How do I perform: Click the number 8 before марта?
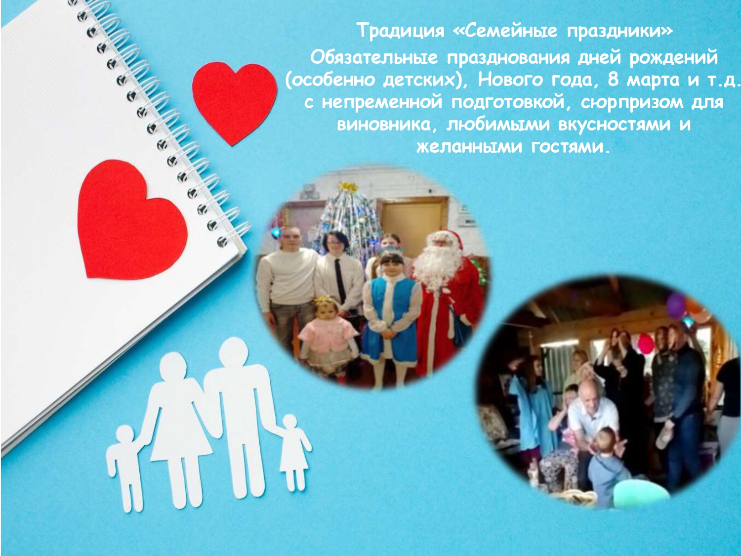pos(613,80)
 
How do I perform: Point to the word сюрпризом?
pos(631,102)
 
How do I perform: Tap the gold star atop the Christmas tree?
pos(348,186)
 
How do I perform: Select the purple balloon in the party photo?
pos(676,305)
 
